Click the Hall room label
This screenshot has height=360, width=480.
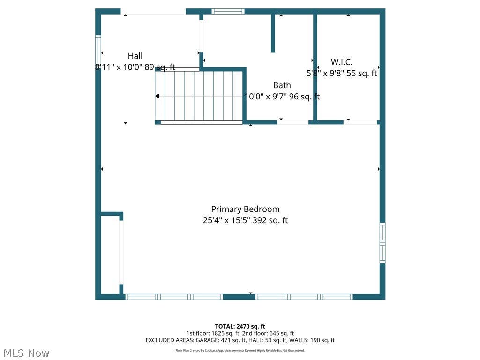pos(135,56)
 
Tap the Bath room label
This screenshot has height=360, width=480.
pos(282,85)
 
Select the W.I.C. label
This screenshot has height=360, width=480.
pos(342,62)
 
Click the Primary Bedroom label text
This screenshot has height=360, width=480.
pos(245,210)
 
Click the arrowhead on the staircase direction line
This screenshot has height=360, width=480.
pos(157,96)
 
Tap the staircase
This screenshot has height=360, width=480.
pos(199,96)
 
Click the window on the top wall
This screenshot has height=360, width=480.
pos(228,12)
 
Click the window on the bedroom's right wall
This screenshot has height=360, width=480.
pos(382,242)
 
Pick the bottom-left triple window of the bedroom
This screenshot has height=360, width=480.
pos(174,297)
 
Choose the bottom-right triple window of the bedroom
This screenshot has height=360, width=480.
pos(304,297)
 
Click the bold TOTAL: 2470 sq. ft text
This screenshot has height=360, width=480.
pos(240,326)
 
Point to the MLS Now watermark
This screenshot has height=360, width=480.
pos(26,353)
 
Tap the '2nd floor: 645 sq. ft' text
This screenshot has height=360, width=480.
pos(268,333)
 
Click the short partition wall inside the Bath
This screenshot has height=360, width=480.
pos(273,33)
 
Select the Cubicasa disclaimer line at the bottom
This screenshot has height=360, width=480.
pos(240,350)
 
